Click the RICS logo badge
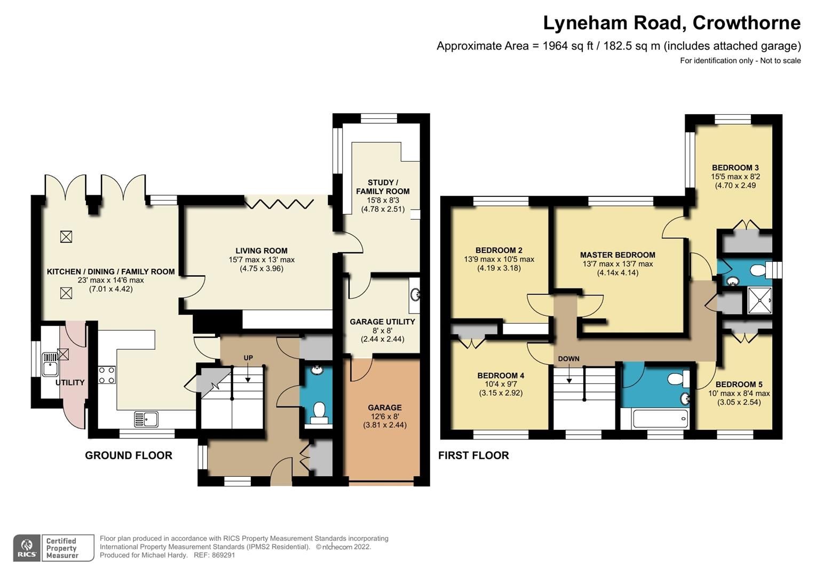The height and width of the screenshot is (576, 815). coord(27,548)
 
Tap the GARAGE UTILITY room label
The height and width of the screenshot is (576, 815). coord(382,322)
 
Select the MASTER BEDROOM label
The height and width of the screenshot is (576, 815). coord(618,255)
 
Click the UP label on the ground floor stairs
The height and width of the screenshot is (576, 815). coord(248,358)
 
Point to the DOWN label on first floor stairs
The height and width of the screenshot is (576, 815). coord(568,358)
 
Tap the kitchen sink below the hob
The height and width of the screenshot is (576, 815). coord(146,419)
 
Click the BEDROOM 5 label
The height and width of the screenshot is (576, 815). coord(739,384)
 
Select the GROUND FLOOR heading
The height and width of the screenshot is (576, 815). coord(129,455)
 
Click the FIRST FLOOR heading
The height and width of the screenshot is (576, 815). coord(473,455)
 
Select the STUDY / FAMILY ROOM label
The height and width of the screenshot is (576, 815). coord(383,187)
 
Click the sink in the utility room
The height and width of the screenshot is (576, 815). coord(50,361)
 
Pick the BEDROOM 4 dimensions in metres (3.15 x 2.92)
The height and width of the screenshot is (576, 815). coord(500,393)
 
